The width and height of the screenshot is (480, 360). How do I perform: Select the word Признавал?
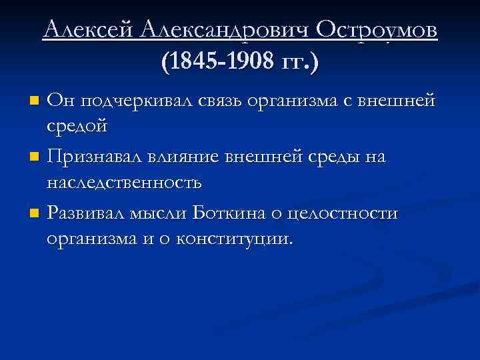[99, 157]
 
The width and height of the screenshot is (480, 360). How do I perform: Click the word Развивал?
[94, 213]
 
